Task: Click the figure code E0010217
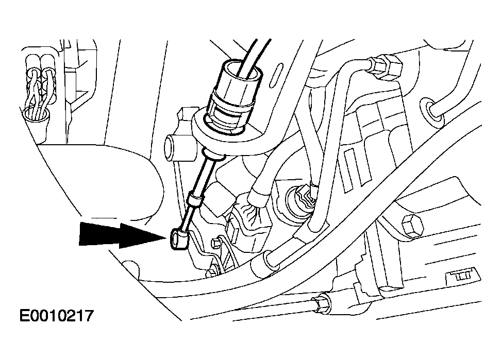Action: [x=56, y=316]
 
